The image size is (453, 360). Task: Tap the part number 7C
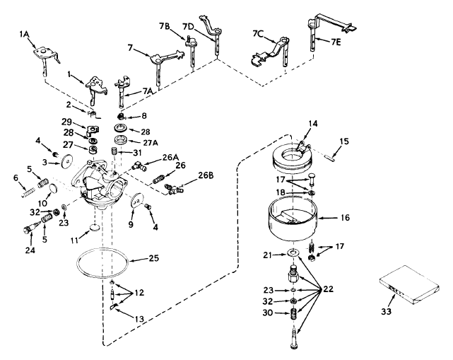pos(257,34)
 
